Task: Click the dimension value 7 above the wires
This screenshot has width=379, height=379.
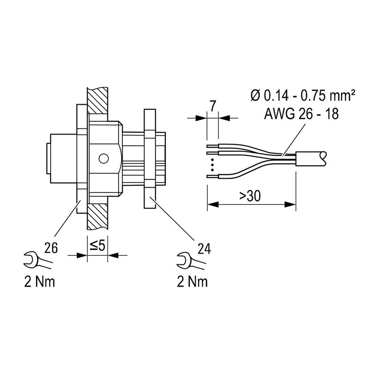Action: pos(213,105)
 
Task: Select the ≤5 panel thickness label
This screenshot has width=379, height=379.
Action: pos(98,245)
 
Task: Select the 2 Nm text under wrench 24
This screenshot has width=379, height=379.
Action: pos(192,282)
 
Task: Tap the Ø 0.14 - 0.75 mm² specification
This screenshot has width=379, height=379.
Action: pos(303,96)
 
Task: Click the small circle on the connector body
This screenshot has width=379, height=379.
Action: pos(103,158)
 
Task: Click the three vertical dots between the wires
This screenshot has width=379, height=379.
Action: pos(212,165)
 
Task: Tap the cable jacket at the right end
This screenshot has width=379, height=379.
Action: pos(310,158)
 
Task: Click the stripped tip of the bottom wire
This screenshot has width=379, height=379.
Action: pos(213,177)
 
